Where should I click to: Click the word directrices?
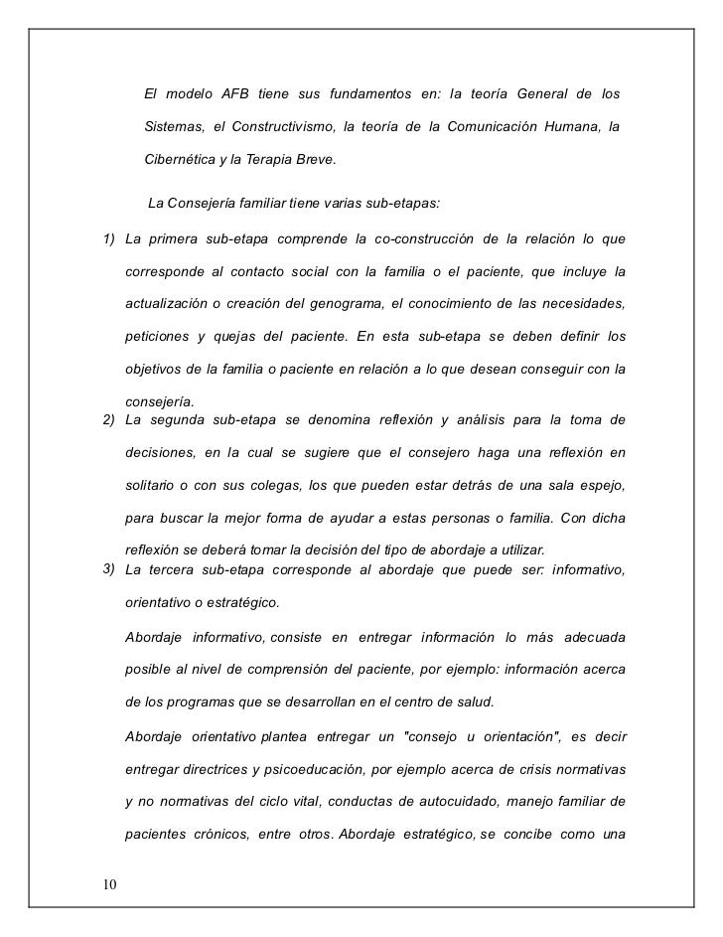point(219,770)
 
